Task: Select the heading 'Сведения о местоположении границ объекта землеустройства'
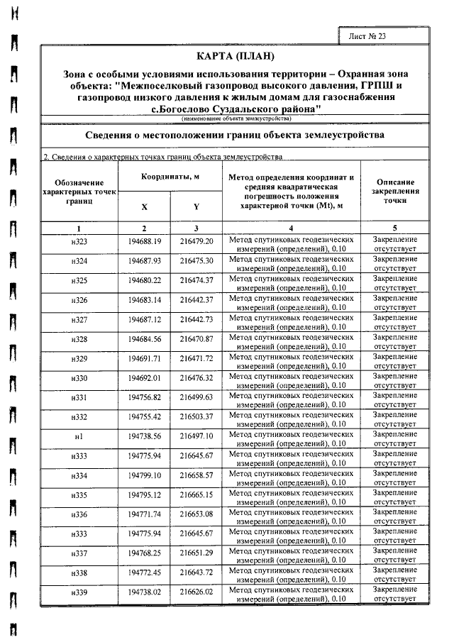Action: pos(234,134)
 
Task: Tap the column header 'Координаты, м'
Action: pos(170,176)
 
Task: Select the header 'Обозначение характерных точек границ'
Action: pos(79,192)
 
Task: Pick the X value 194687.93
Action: pos(145,262)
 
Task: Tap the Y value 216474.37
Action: pos(196,282)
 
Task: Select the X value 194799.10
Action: pos(145,473)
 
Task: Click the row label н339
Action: pos(79,591)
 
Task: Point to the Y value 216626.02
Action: pos(196,591)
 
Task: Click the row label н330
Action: pos(79,377)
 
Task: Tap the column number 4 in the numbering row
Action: pos(291,228)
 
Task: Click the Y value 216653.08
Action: pos(196,512)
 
